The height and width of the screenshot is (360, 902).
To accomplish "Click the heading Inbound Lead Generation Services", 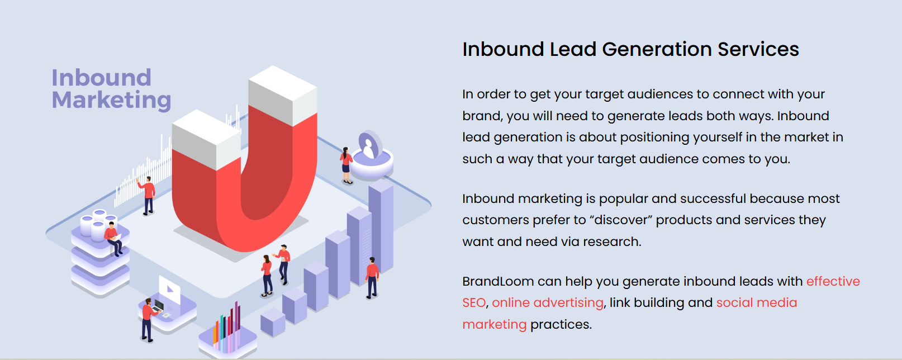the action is coord(630,50).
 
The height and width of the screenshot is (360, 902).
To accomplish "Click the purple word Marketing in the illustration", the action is coord(112,100).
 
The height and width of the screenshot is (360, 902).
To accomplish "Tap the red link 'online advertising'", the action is coord(548,302).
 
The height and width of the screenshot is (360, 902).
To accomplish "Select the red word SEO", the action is coord(474,302).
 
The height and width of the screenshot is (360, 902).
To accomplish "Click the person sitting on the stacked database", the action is coord(113,238).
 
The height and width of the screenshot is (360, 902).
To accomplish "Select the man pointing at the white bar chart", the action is coord(147,195).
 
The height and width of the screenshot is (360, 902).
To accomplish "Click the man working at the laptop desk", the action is coord(149,320).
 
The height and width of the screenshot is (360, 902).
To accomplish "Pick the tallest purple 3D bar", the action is coord(381,228).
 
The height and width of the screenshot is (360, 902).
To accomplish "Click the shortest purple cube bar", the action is coord(273,322).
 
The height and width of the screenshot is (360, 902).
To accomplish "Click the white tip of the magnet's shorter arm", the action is coord(206,139).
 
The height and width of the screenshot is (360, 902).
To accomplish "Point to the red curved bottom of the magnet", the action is coord(246,225).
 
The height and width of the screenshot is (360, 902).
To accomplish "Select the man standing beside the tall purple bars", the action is coord(372,278).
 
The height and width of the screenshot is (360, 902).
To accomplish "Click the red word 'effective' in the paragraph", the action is coord(833,281).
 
